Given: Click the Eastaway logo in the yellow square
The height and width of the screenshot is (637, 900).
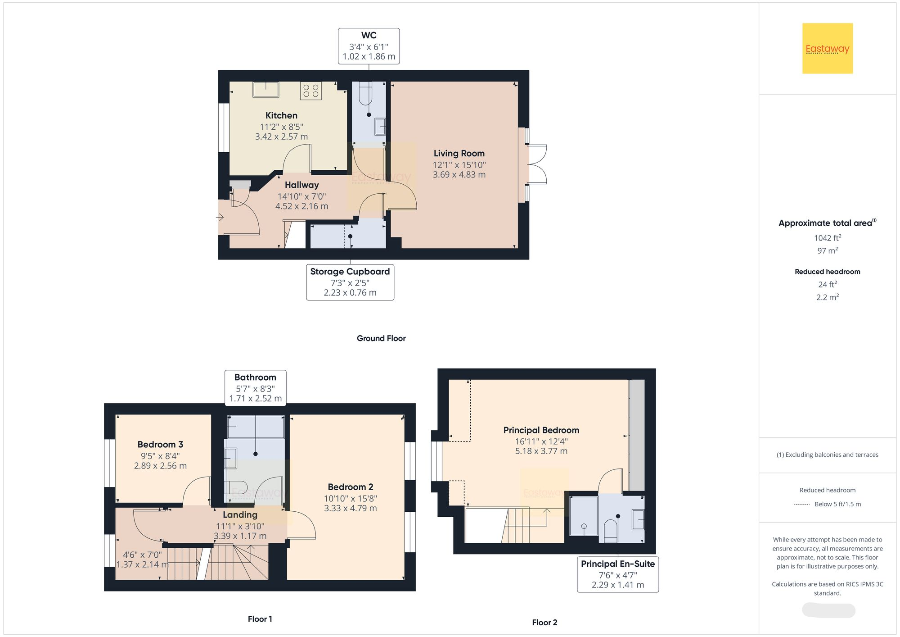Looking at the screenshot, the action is click(x=828, y=49).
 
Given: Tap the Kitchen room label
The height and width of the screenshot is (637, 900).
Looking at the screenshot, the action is click(x=281, y=115).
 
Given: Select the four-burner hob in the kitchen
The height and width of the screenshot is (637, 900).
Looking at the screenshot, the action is click(x=311, y=91).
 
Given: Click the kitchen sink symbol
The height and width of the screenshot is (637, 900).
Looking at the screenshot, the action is click(x=265, y=89).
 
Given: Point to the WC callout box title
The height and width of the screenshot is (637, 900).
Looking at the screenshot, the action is click(x=369, y=35).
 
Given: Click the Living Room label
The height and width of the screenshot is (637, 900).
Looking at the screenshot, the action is click(x=459, y=154).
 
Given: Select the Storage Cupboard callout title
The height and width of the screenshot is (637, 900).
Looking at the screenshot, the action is click(x=350, y=272).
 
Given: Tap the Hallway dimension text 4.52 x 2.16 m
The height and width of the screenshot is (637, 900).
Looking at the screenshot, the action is click(x=302, y=206).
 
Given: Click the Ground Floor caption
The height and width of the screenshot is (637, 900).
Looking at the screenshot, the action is click(x=381, y=338).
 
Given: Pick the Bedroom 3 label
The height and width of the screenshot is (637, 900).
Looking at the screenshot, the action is click(x=160, y=445).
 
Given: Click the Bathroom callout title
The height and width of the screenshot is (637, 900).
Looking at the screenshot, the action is click(x=255, y=378).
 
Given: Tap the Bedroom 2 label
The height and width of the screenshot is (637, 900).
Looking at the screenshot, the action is click(x=351, y=487).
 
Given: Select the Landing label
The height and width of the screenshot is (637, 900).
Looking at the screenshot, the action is click(x=240, y=515).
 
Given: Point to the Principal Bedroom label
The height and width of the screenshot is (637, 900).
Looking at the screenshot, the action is click(x=541, y=430).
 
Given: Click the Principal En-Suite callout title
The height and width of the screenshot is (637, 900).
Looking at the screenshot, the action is click(x=618, y=564).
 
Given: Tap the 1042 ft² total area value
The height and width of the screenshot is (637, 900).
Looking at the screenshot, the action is click(x=828, y=238).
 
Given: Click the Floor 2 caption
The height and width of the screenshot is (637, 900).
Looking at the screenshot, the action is click(x=544, y=623).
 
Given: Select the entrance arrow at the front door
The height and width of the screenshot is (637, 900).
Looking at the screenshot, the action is click(x=220, y=218).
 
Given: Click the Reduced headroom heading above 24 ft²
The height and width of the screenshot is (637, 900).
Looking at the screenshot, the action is click(x=828, y=272).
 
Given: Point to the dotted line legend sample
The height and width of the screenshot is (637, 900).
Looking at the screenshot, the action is click(x=802, y=505).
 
